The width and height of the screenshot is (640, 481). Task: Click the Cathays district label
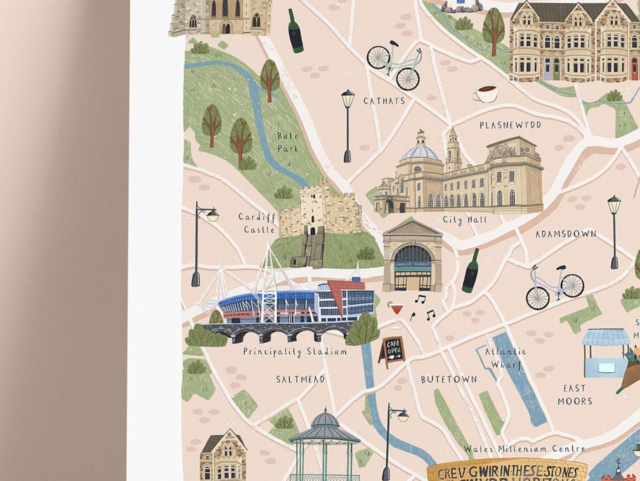pyautogui.click(x=384, y=101)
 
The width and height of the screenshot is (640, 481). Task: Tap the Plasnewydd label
pyautogui.click(x=510, y=125)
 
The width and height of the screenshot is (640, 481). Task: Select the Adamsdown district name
pyautogui.click(x=565, y=234)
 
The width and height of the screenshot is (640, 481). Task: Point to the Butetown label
pyautogui.click(x=449, y=379)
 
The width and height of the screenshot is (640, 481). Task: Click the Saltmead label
pyautogui.click(x=300, y=379)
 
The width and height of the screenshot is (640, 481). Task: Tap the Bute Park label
pyautogui.click(x=287, y=142)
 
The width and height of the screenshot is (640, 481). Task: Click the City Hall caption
pyautogui.click(x=465, y=220)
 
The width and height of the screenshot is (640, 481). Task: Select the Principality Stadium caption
pyautogui.click(x=295, y=352)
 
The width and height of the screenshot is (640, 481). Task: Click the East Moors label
pyautogui.click(x=575, y=395)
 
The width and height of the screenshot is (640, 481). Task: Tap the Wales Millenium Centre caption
pyautogui.click(x=524, y=449)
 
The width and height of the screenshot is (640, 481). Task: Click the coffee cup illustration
pyautogui.click(x=484, y=93)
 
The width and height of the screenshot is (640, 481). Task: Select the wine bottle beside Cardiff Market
pyautogui.click(x=471, y=271)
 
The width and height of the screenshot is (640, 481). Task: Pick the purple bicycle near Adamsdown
pyautogui.click(x=555, y=286)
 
